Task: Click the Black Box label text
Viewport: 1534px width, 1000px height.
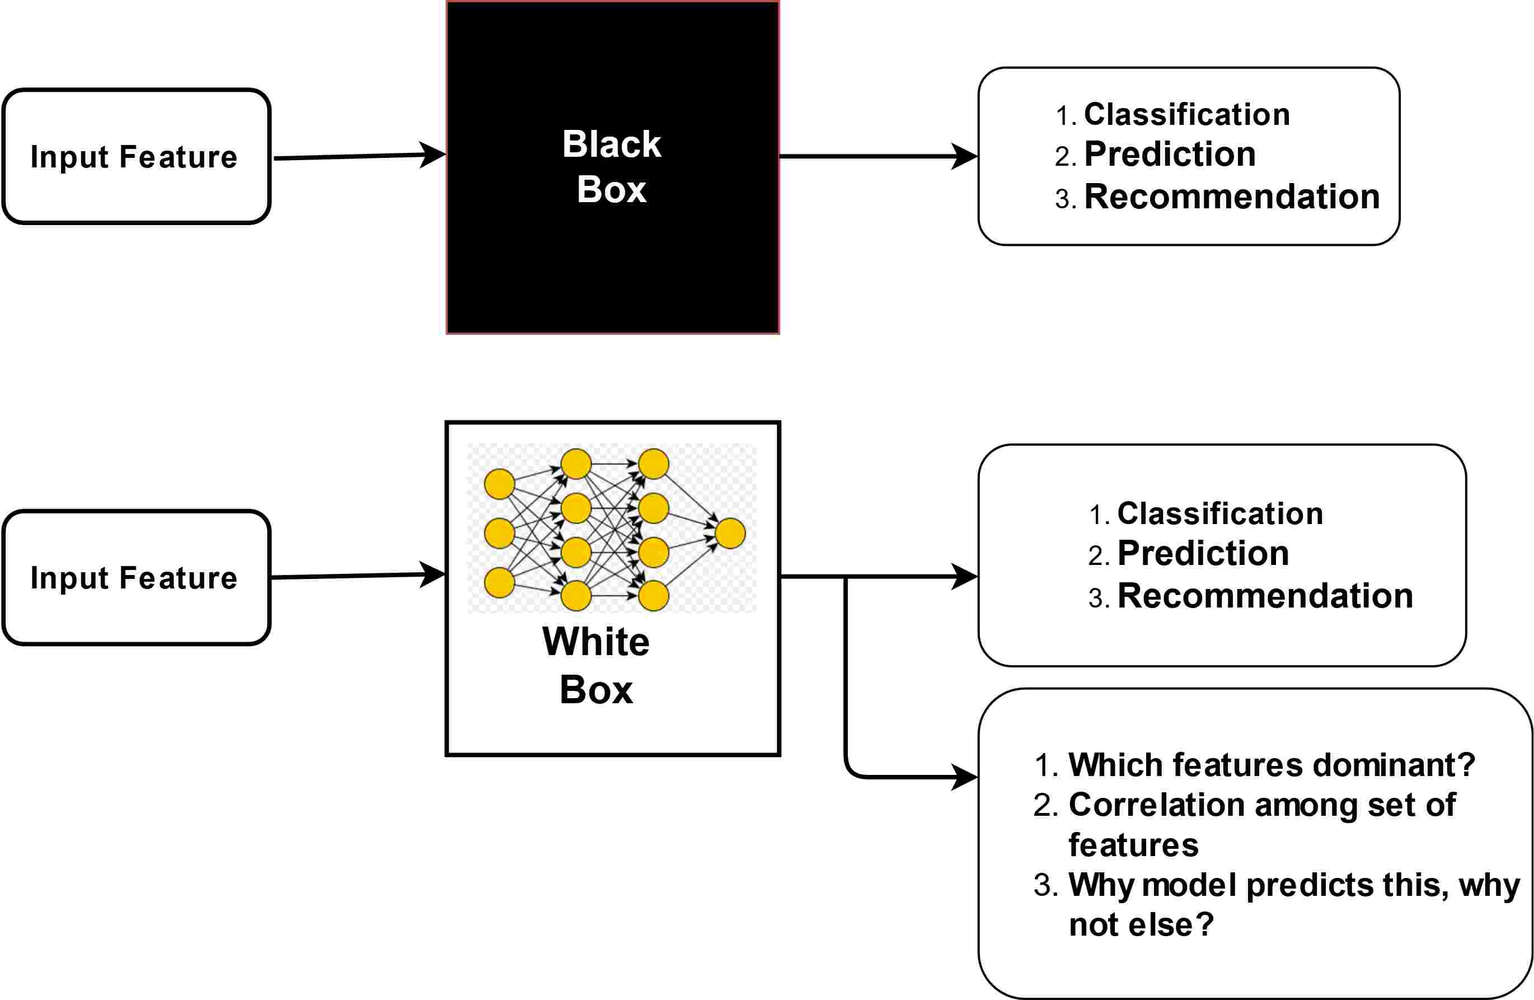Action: click(x=612, y=166)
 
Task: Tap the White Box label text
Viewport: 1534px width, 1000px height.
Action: click(x=596, y=665)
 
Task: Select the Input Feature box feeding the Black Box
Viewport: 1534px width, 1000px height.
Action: click(x=136, y=157)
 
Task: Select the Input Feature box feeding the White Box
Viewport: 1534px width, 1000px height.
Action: click(x=136, y=578)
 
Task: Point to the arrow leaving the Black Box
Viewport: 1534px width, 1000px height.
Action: click(x=876, y=156)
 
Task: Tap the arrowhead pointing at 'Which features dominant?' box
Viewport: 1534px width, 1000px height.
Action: click(x=964, y=777)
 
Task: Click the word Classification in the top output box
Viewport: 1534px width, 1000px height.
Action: click(x=1186, y=115)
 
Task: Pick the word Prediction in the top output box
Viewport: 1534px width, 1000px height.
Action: click(x=1170, y=155)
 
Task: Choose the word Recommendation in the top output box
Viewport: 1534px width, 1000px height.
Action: click(x=1232, y=197)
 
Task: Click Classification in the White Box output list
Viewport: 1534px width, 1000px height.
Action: click(x=1220, y=514)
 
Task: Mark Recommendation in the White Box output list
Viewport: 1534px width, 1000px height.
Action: click(x=1265, y=596)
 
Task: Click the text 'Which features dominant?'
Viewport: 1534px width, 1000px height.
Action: click(x=1272, y=765)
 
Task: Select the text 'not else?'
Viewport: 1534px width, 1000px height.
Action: click(x=1141, y=924)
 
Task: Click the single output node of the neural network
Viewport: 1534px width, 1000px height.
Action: click(x=730, y=533)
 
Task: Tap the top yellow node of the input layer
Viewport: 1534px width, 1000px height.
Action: click(x=499, y=484)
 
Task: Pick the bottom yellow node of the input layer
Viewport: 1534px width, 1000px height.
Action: click(x=499, y=583)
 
